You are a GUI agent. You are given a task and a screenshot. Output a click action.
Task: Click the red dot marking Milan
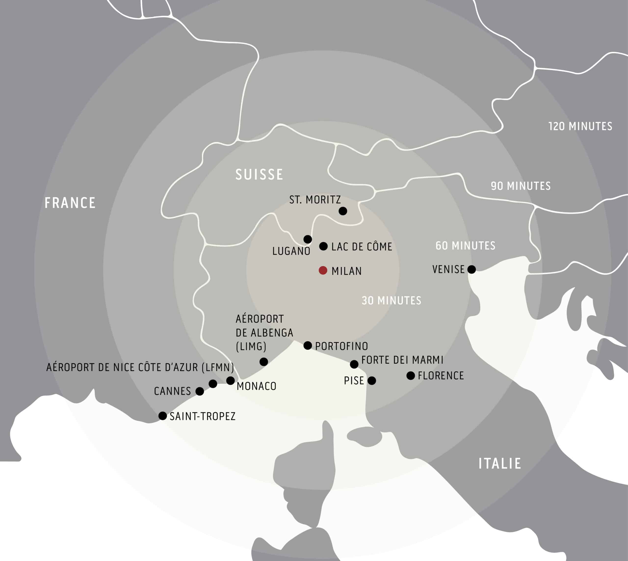coord(323,270)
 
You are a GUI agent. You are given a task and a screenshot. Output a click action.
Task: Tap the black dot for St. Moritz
coord(343,211)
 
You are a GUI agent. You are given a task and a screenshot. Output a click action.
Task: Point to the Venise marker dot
coord(471,269)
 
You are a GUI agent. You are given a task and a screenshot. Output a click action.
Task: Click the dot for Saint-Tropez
coord(162,415)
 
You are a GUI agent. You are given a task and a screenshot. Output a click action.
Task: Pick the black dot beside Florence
coord(410,375)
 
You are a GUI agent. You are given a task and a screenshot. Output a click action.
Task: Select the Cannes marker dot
coord(200,391)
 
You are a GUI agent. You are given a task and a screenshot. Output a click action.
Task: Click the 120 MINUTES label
coord(580,126)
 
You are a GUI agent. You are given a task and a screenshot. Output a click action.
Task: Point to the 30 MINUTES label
coord(391,301)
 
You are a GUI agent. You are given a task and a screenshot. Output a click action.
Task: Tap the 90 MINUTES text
coord(521,186)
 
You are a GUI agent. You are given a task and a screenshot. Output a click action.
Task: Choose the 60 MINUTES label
coord(465,246)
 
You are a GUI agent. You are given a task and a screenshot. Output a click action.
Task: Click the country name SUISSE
coord(259,174)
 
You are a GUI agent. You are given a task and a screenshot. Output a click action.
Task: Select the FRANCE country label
coord(70,203)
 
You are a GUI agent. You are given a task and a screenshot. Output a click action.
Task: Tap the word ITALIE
coord(499,463)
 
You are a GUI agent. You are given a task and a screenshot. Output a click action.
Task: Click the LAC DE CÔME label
coord(361,247)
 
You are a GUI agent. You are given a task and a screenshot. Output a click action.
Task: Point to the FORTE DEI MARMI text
coord(402,360)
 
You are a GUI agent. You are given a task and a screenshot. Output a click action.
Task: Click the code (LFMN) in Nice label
coord(218,367)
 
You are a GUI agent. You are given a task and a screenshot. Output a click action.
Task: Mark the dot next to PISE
coord(372,380)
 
